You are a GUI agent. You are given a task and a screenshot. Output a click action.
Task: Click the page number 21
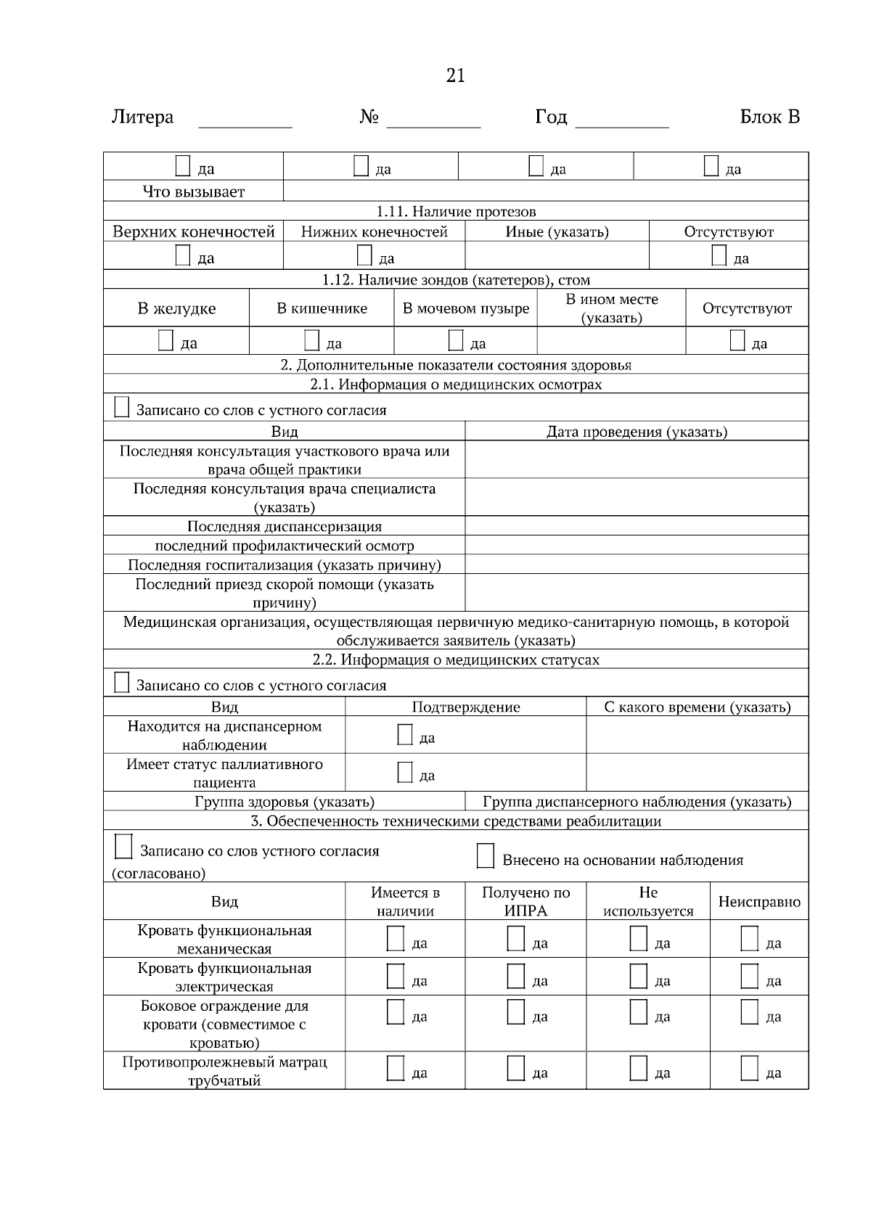pyautogui.click(x=455, y=75)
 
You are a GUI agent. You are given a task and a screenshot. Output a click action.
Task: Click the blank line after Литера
pyautogui.click(x=245, y=120)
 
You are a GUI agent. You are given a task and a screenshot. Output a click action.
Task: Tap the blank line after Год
pyautogui.click(x=621, y=120)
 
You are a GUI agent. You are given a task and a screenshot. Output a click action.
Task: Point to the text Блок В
pyautogui.click(x=769, y=117)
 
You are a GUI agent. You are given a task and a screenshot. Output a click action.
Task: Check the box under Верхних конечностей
pyautogui.click(x=183, y=256)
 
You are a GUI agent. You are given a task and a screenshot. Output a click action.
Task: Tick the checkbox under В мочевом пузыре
pyautogui.click(x=456, y=340)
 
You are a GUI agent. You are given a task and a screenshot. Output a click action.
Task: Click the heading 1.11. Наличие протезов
pyautogui.click(x=456, y=211)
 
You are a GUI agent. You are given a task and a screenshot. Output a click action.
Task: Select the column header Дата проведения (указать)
pyautogui.click(x=637, y=432)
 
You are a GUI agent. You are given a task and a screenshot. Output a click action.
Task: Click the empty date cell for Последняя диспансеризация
pyautogui.click(x=637, y=526)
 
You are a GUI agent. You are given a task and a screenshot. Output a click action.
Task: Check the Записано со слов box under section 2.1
pyautogui.click(x=122, y=408)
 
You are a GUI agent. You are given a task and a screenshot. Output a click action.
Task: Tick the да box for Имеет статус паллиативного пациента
pyautogui.click(x=405, y=773)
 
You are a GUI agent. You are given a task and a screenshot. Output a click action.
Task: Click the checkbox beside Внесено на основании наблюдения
pyautogui.click(x=486, y=856)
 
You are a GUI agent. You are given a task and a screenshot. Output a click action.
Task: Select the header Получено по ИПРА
pyautogui.click(x=526, y=901)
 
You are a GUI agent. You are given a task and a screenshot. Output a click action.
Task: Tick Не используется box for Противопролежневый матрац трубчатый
pyautogui.click(x=638, y=1069)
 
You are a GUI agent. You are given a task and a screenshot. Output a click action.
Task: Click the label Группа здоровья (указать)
pyautogui.click(x=285, y=802)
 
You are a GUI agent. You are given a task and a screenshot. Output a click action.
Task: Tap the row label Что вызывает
pyautogui.click(x=194, y=192)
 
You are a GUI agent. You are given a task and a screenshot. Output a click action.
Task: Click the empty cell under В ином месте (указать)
pyautogui.click(x=611, y=341)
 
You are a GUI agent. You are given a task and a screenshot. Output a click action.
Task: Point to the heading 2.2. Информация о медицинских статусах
pyautogui.click(x=456, y=660)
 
